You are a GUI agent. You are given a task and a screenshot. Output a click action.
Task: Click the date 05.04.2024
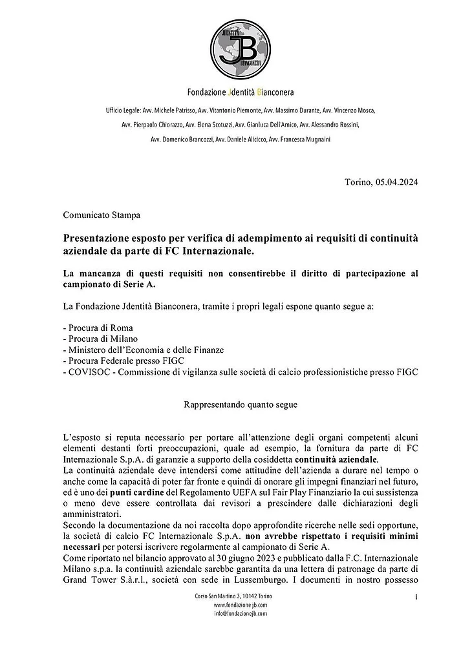pos(396,182)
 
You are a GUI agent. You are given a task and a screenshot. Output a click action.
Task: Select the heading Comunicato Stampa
pos(102,213)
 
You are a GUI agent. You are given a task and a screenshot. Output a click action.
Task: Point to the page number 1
pos(416,596)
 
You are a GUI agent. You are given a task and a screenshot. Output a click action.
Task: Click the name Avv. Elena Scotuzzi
pos(209,125)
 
